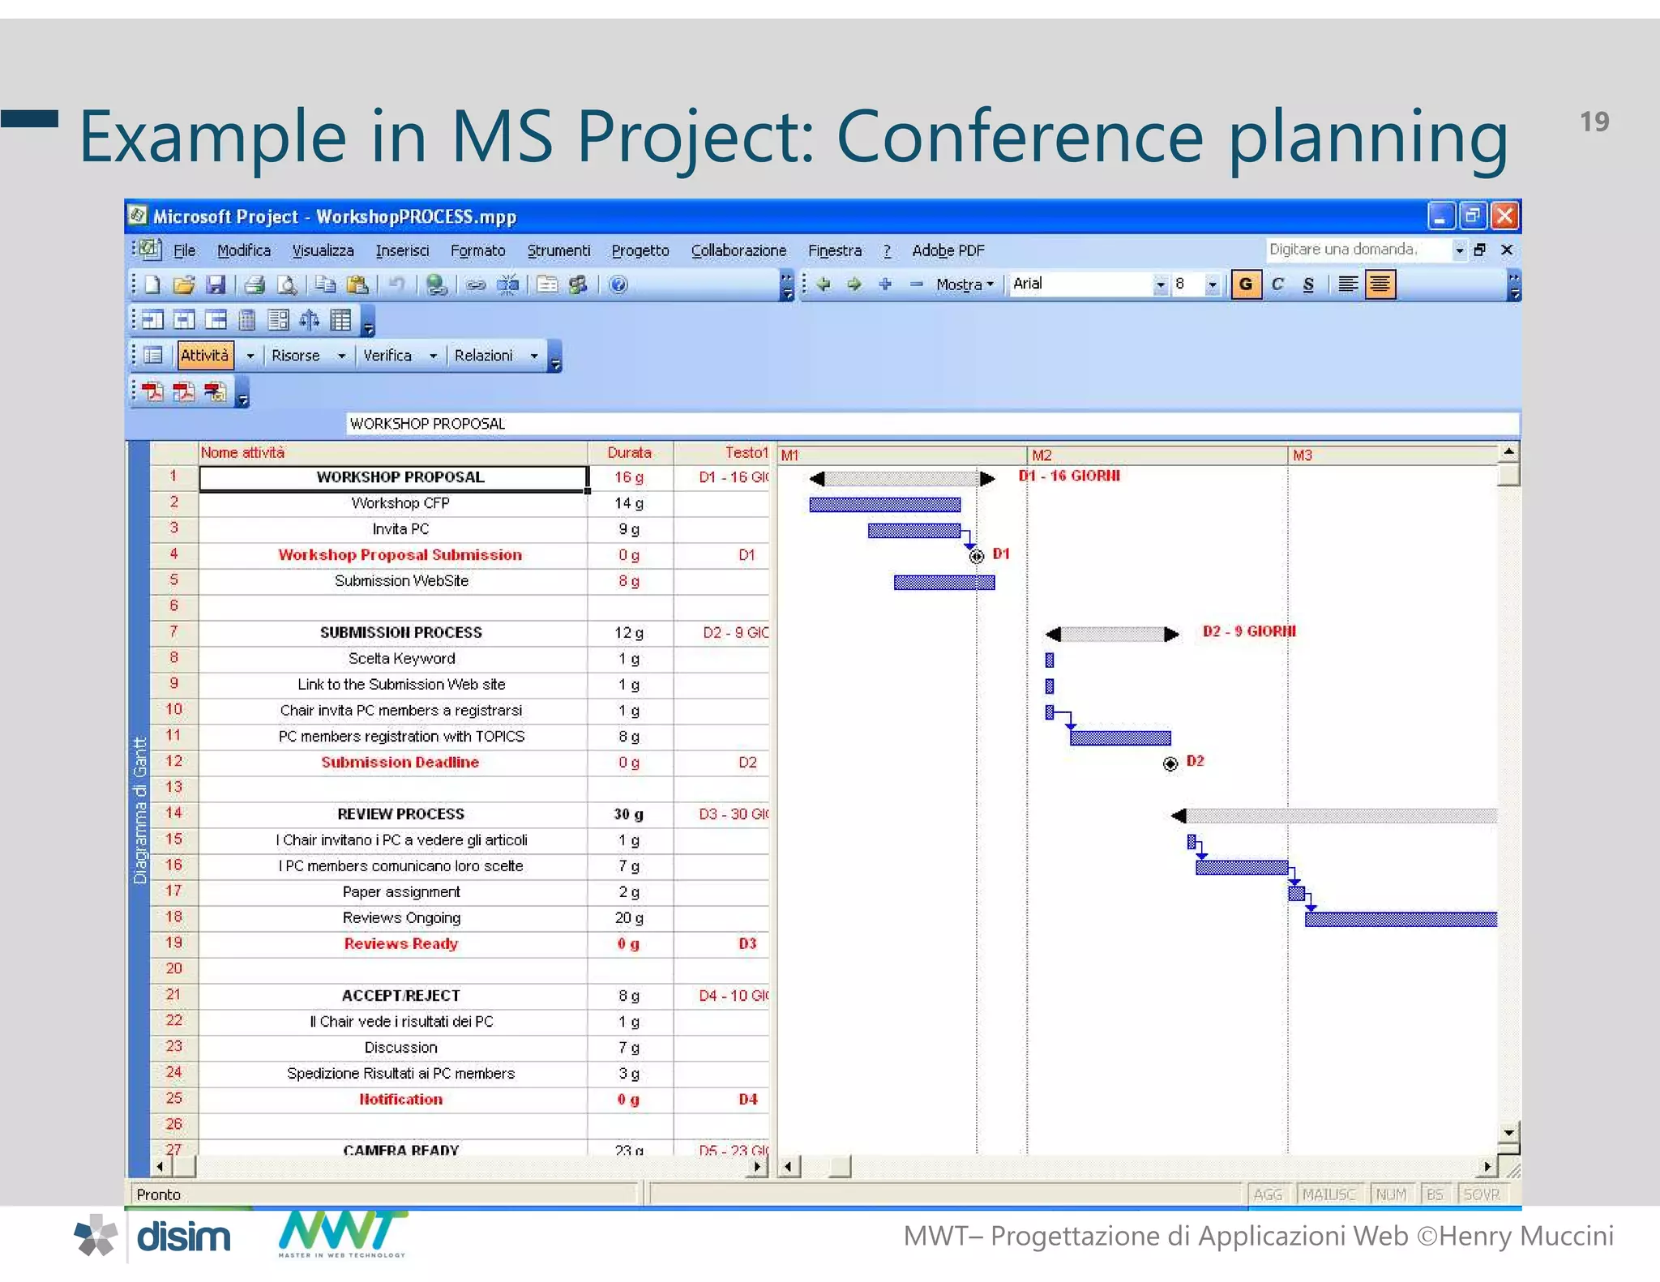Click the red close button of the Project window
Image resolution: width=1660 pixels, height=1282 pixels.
click(x=1504, y=216)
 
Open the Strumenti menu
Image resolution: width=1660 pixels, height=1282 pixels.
click(x=558, y=250)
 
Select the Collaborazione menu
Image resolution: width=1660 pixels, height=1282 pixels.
click(x=738, y=250)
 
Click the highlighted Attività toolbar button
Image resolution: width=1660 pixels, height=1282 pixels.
click(x=205, y=355)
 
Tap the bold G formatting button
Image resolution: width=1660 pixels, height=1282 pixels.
click(x=1246, y=284)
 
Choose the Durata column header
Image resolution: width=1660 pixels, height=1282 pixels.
click(x=629, y=452)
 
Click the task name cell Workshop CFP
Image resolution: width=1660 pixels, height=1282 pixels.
click(x=400, y=503)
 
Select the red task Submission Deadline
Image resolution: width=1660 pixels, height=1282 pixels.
click(x=400, y=763)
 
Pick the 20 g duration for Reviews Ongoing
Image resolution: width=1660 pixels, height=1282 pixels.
click(x=629, y=918)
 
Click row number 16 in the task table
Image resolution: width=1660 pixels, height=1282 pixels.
click(x=173, y=865)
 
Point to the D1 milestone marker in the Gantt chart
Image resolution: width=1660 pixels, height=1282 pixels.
click(x=977, y=556)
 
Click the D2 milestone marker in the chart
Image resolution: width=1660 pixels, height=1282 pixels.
click(x=1170, y=763)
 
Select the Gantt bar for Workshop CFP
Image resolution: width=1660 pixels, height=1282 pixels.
click(x=884, y=505)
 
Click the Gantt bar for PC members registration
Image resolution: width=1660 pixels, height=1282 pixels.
click(x=1120, y=737)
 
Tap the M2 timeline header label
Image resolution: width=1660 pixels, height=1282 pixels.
click(x=1042, y=455)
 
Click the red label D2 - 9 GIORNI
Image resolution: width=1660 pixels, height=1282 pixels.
click(x=1249, y=631)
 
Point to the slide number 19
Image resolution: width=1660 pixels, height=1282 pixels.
click(x=1594, y=122)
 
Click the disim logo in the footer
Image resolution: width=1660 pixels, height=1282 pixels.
click(x=183, y=1237)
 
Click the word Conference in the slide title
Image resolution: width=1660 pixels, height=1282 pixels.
click(x=1020, y=137)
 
